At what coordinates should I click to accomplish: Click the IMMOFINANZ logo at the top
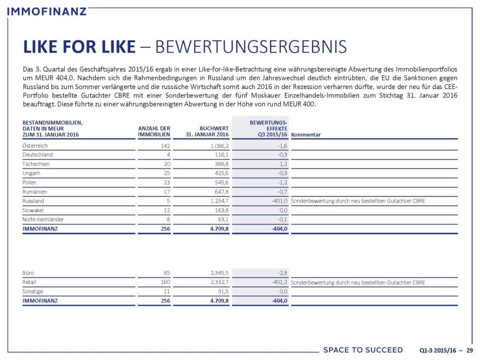click(x=47, y=10)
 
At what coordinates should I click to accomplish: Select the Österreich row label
click(x=35, y=146)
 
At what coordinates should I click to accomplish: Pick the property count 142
click(x=165, y=146)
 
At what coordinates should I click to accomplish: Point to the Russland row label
click(x=33, y=201)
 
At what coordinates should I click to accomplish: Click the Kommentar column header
click(x=306, y=135)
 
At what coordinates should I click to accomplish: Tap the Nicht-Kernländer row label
click(x=43, y=219)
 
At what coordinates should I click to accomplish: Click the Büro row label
click(x=28, y=273)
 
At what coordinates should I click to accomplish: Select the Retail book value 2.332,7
click(x=217, y=282)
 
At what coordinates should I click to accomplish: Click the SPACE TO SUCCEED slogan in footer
click(x=363, y=350)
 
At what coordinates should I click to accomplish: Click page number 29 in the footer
click(x=469, y=350)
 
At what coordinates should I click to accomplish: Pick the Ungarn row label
click(x=31, y=173)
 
